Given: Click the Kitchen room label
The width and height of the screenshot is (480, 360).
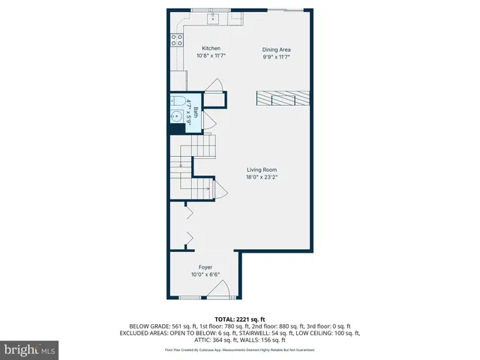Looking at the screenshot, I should click(211, 49).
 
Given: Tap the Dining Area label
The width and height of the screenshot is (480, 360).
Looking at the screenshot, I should click(275, 49).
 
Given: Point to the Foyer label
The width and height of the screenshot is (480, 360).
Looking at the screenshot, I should click(205, 268).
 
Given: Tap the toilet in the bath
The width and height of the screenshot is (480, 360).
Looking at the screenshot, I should click(178, 101).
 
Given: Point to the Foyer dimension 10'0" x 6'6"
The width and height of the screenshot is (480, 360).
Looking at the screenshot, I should click(205, 274).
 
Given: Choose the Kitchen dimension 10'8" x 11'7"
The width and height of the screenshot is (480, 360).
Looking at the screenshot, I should click(211, 56).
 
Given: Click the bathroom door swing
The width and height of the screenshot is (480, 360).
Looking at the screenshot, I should click(209, 120).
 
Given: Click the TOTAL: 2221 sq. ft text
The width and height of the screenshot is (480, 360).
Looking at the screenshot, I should click(240, 319).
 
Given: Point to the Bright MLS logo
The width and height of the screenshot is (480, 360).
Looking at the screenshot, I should click(29, 349).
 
